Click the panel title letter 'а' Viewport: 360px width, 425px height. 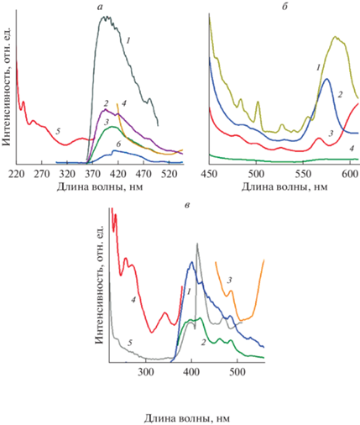(101, 8)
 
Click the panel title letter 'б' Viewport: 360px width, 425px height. (284, 7)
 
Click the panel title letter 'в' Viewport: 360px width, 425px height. (187, 205)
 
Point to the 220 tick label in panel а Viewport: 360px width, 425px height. (16, 174)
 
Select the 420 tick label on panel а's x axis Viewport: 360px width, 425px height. (118, 174)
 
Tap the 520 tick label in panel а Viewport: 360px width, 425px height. (170, 174)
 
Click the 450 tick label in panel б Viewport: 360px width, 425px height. (209, 174)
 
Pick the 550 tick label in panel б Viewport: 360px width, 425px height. (304, 174)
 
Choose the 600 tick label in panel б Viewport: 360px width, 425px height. (350, 174)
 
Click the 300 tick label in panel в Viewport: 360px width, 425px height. (146, 372)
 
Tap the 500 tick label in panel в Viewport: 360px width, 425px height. (237, 372)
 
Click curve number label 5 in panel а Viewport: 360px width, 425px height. (58, 131)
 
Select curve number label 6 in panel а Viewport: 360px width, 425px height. (118, 144)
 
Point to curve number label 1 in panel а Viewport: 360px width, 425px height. (128, 41)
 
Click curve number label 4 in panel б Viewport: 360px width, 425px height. (352, 148)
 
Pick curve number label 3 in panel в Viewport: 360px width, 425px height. (230, 280)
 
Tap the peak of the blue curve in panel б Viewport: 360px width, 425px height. (326, 79)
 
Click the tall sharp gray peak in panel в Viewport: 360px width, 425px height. (197, 244)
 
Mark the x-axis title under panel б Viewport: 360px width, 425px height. (284, 186)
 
